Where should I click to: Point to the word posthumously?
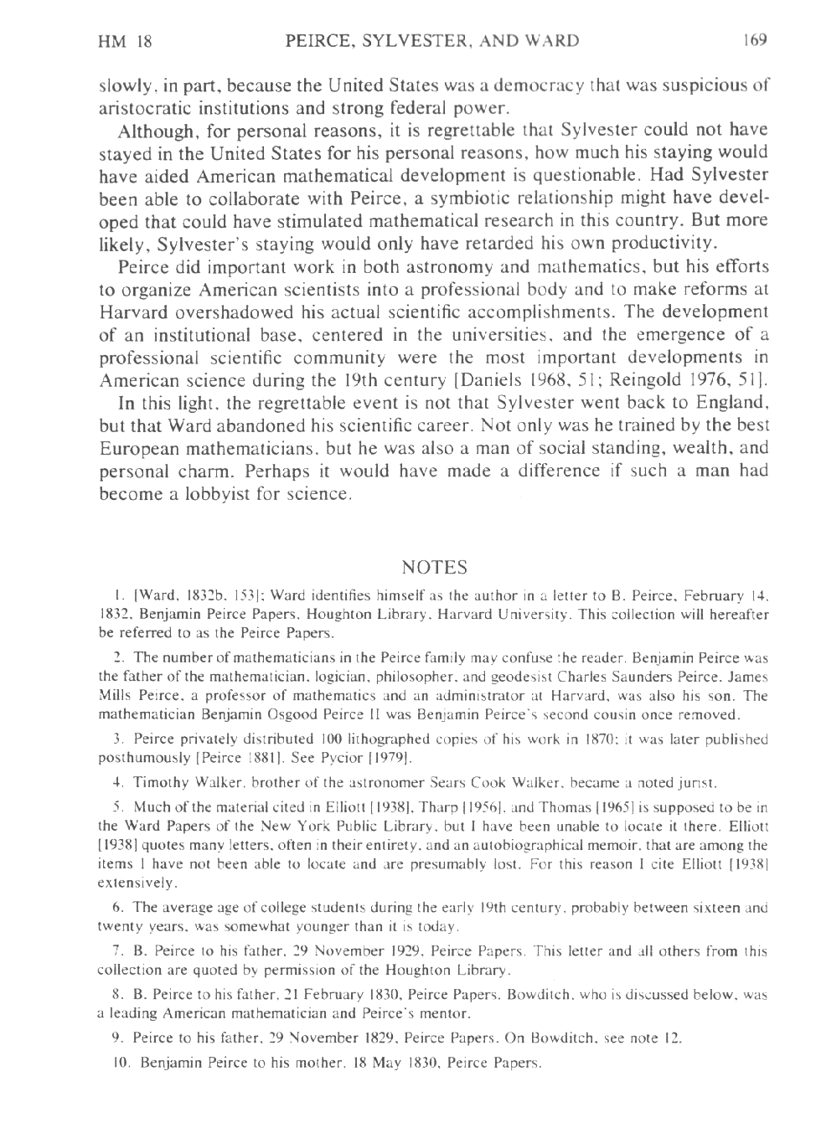pyautogui.click(x=144, y=758)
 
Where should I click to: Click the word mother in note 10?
pyautogui.click(x=332, y=1064)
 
